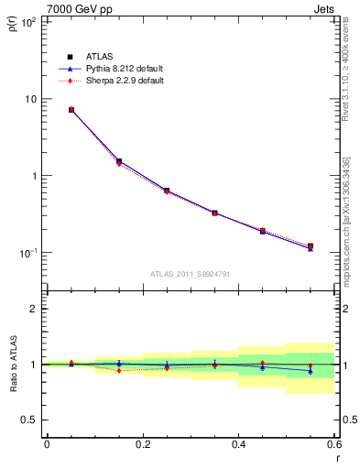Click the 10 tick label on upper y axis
click(x=30, y=99)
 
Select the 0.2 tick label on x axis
click(x=142, y=446)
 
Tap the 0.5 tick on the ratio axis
click(x=29, y=420)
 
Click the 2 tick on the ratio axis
click(x=33, y=309)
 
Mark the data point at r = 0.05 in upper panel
click(x=71, y=110)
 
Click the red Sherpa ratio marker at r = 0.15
click(x=118, y=370)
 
